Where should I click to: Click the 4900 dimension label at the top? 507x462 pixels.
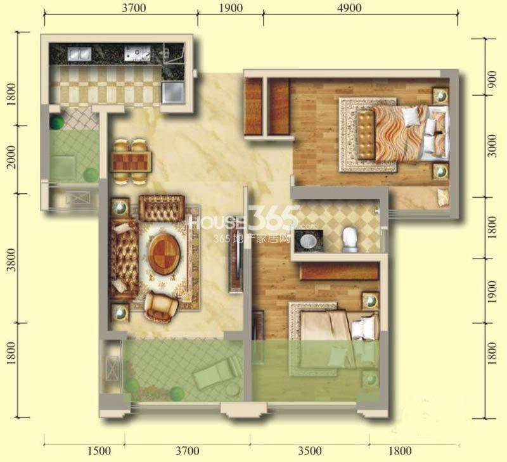[x=349, y=8]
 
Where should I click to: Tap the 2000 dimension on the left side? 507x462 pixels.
[x=11, y=157]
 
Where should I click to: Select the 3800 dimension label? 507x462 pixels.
[x=11, y=260]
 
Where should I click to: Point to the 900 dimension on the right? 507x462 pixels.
[x=492, y=84]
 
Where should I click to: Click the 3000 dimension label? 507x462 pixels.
[x=492, y=146]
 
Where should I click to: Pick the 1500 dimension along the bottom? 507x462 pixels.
[x=99, y=451]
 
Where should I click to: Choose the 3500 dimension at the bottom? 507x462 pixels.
[x=310, y=451]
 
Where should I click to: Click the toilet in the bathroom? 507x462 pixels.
[x=350, y=240]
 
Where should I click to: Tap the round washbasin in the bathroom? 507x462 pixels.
[x=308, y=241]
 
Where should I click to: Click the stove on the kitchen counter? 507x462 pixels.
[x=138, y=53]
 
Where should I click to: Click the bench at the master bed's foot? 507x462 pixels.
[x=366, y=134]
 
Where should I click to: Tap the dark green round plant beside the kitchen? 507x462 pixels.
[x=57, y=122]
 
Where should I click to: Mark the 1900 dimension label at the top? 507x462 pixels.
[x=231, y=8]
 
